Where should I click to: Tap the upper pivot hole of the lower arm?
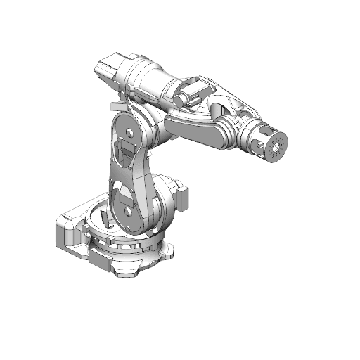[x=130, y=131]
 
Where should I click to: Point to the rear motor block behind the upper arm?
[x=111, y=69]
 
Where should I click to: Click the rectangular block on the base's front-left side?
[x=98, y=259]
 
